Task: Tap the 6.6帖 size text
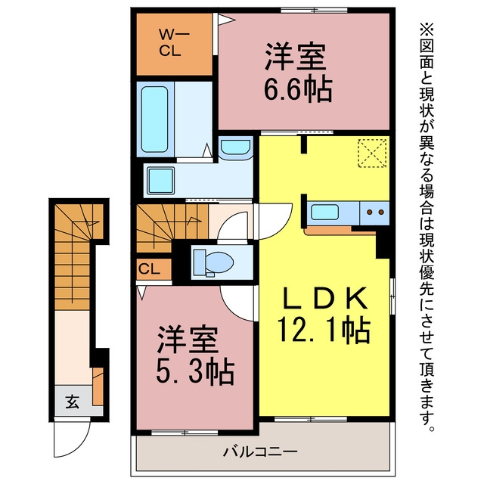(298, 90)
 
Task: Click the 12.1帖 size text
(324, 330)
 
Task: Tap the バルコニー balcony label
(260, 452)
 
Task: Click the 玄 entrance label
(73, 402)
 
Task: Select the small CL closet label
(150, 269)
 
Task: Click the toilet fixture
(213, 262)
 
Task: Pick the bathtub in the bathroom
(154, 119)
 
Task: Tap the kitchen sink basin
(324, 213)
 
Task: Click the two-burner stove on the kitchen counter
(375, 213)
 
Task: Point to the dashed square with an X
(372, 153)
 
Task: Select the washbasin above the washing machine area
(236, 148)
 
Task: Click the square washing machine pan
(161, 181)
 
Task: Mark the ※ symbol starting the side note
(427, 29)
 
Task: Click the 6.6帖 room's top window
(314, 11)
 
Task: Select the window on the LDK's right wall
(392, 296)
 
